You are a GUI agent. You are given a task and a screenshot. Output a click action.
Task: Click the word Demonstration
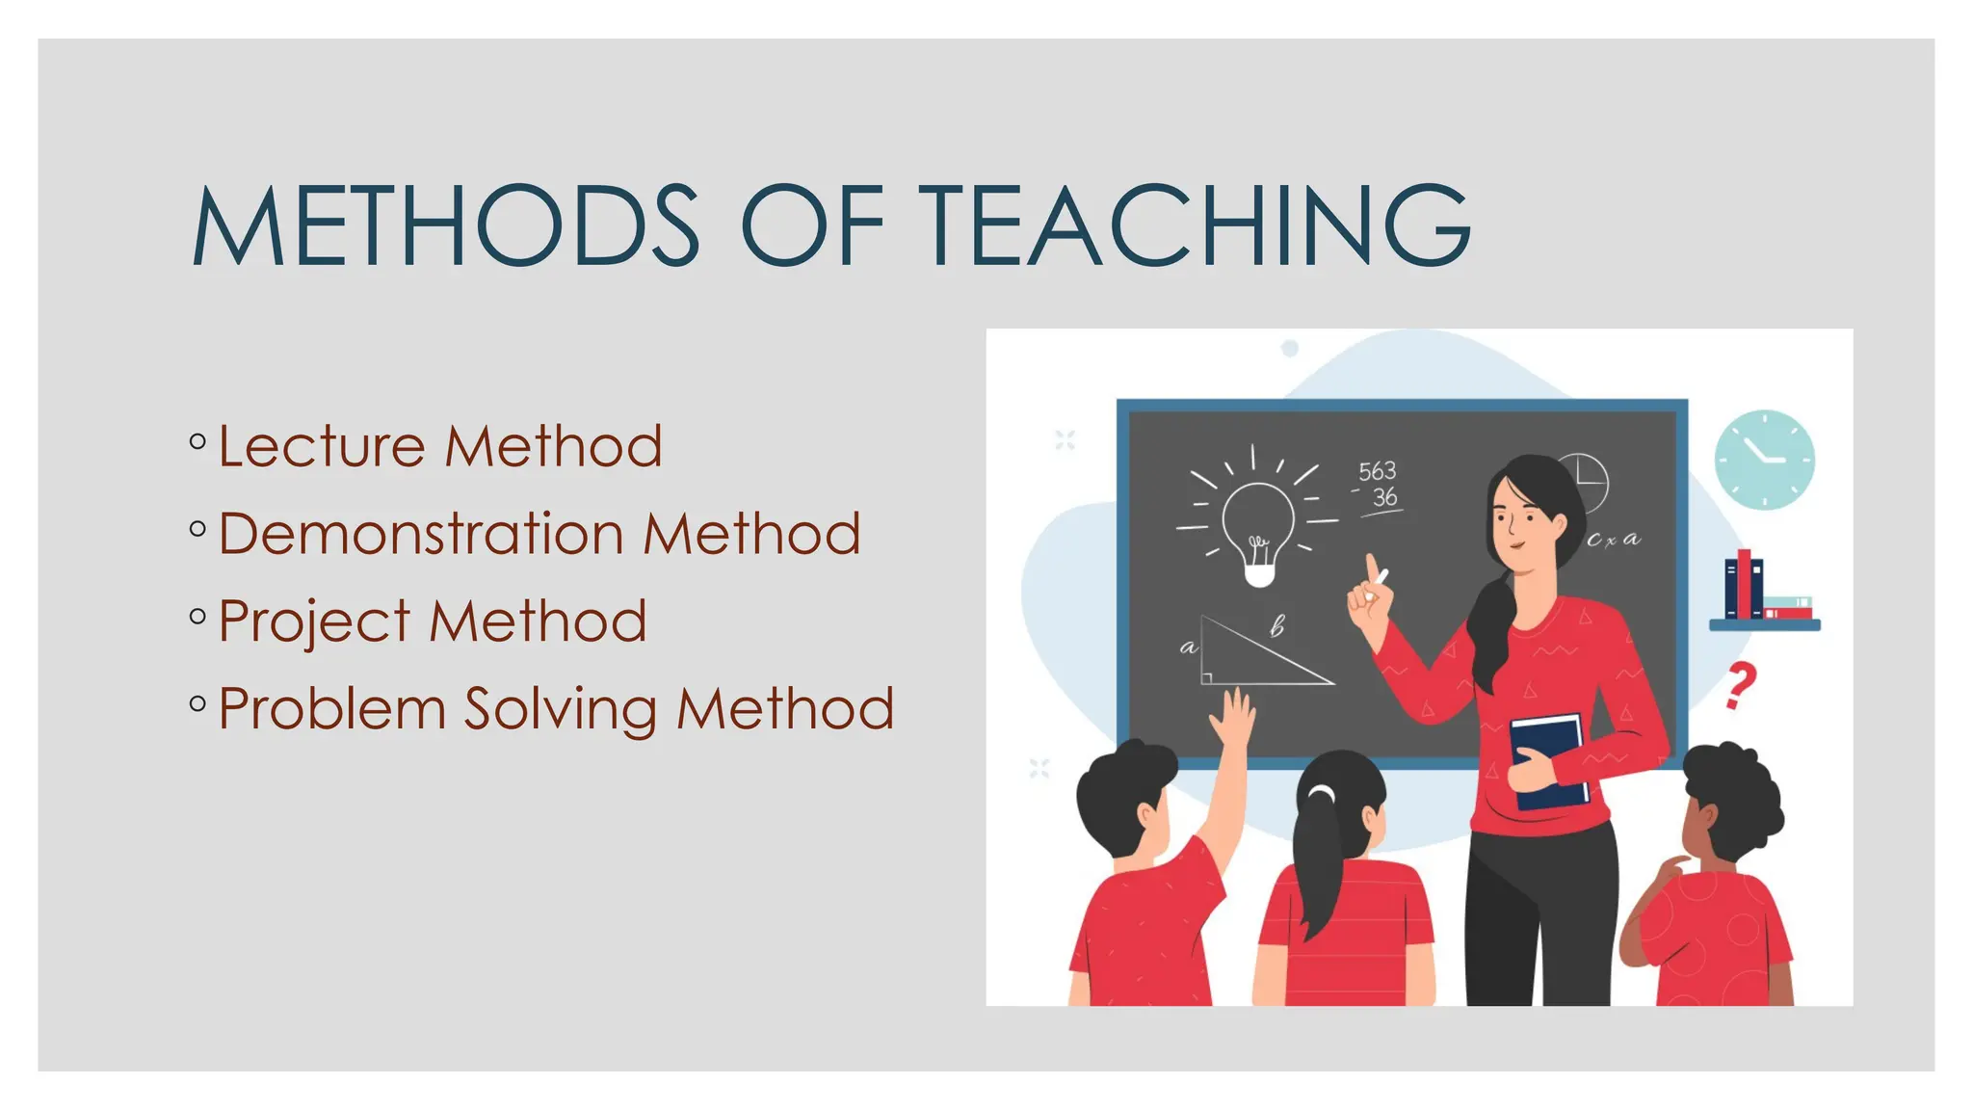point(422,534)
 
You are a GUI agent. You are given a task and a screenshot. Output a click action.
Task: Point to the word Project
point(314,622)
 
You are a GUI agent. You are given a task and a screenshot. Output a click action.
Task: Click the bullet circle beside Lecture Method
point(198,442)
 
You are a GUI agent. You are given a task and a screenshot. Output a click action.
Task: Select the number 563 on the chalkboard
point(1377,471)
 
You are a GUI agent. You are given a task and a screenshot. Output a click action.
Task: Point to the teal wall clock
point(1764,460)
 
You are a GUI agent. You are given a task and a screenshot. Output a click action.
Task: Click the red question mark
point(1740,685)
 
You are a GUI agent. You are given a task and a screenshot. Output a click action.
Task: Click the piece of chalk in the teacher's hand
point(1381,579)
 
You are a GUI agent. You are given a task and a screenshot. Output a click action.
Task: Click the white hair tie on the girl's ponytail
point(1322,792)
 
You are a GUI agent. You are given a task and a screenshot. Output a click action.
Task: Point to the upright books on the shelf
point(1744,585)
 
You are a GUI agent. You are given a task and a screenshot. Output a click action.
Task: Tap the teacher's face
point(1516,520)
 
